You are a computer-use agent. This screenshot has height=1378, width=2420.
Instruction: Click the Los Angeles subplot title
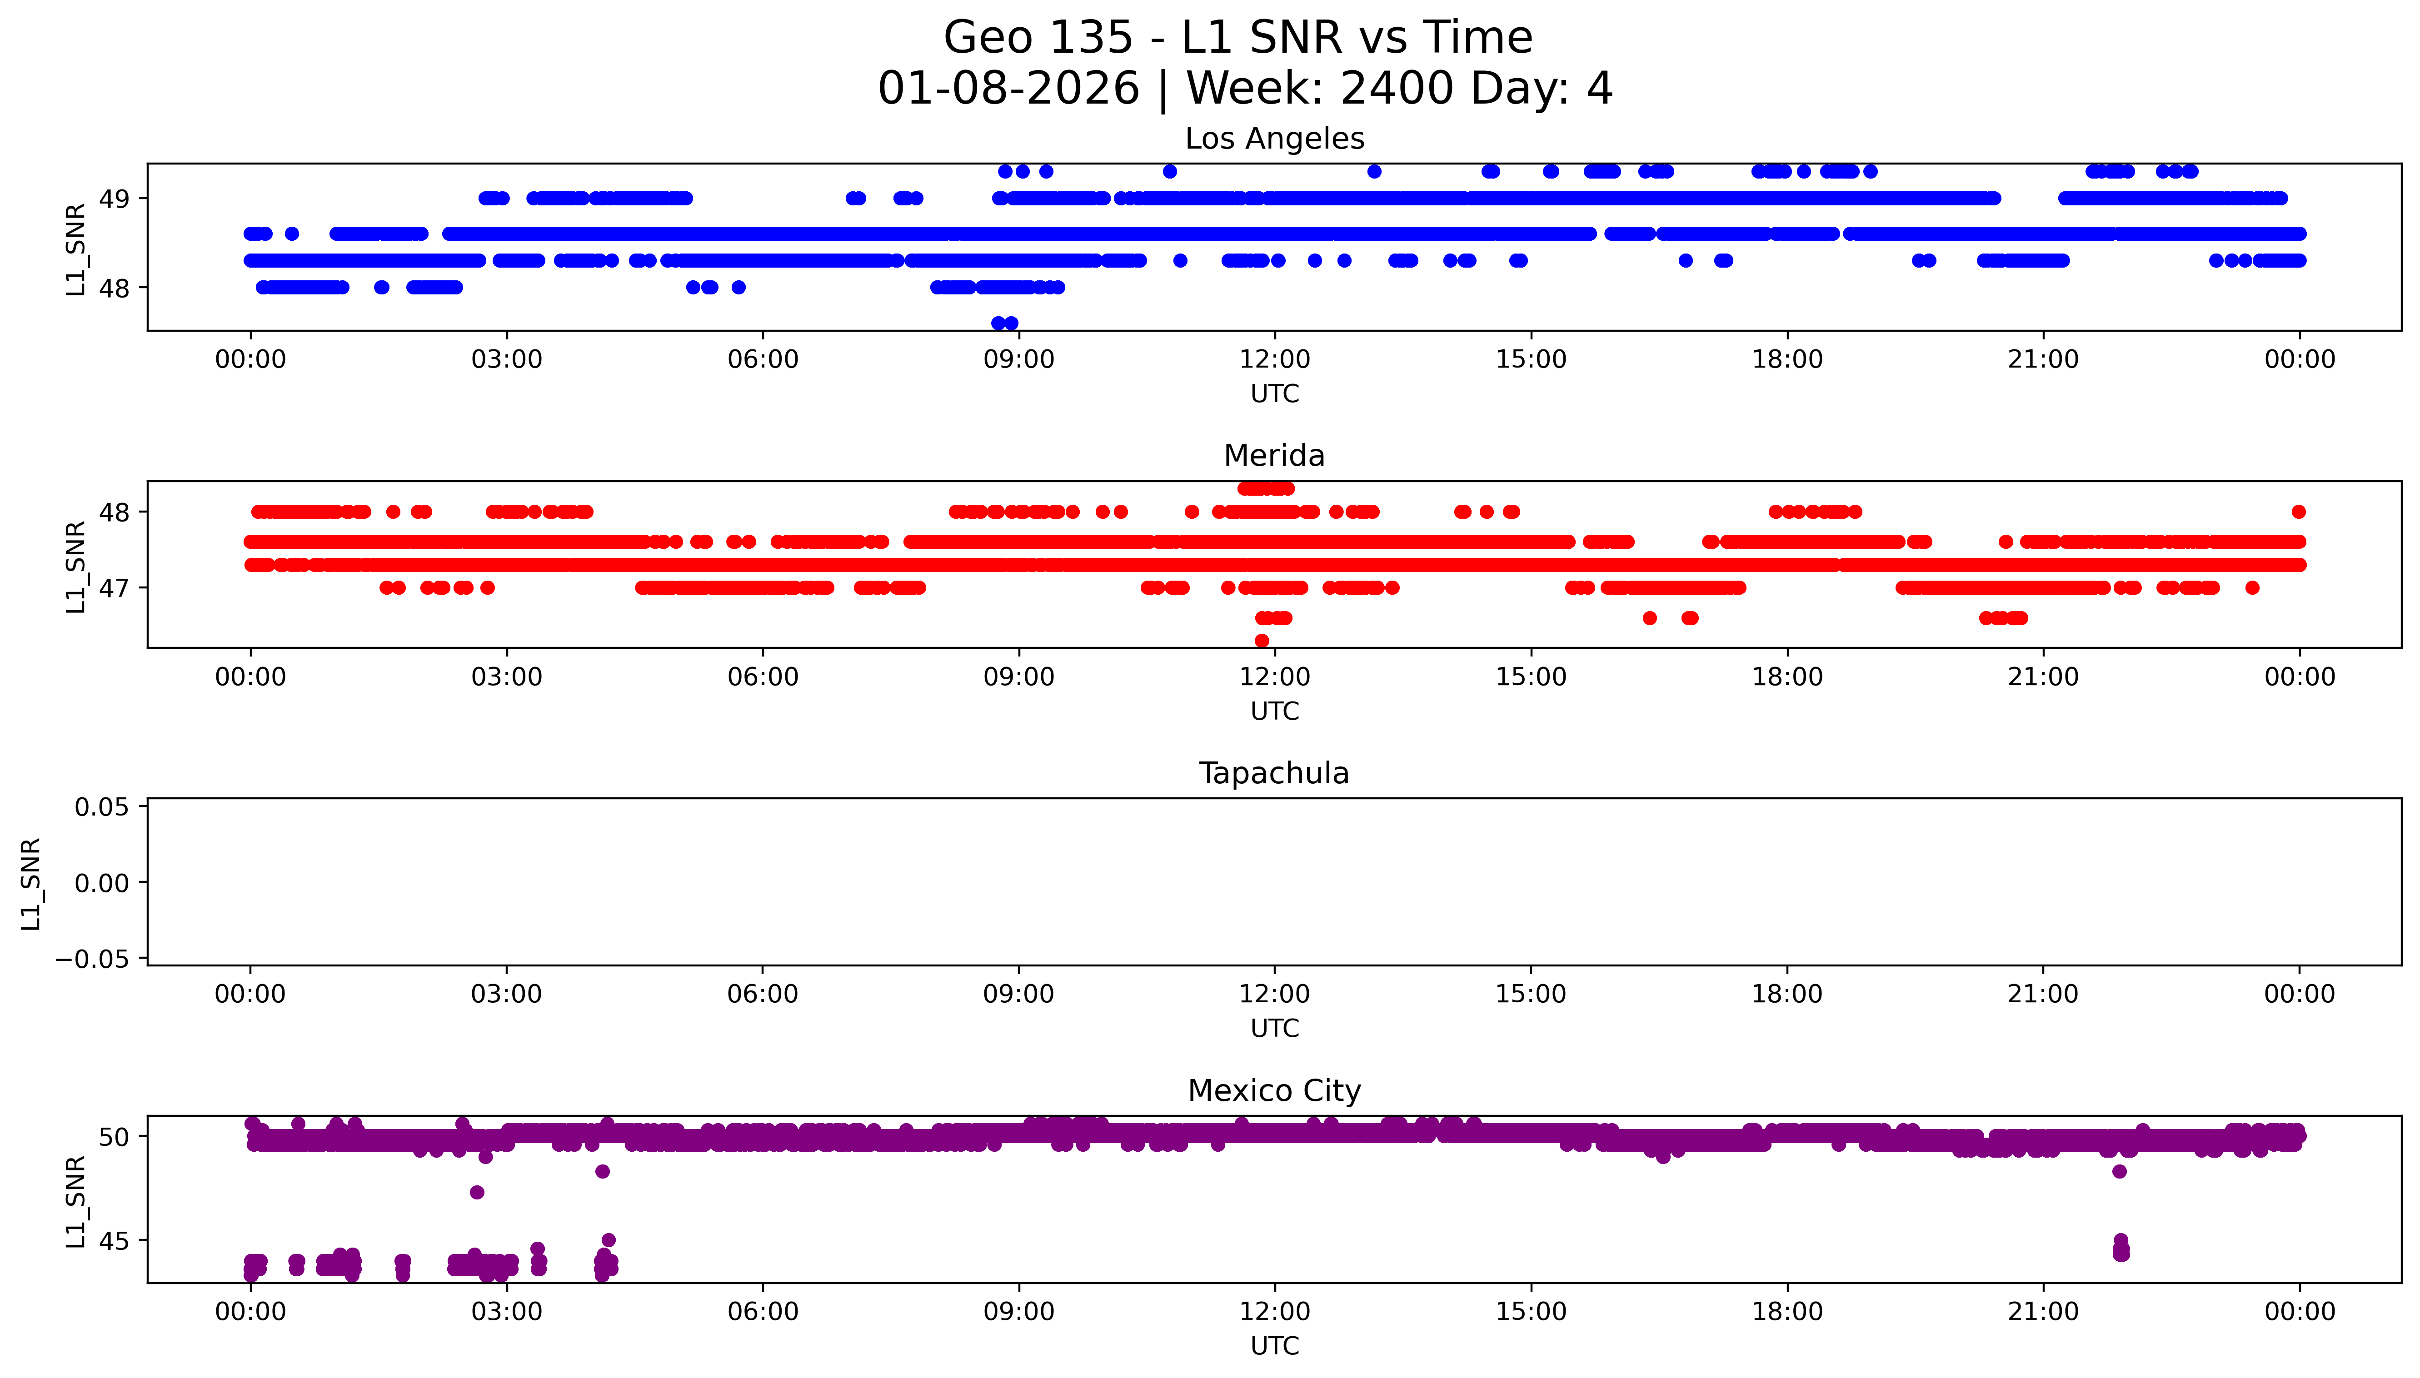pos(1274,139)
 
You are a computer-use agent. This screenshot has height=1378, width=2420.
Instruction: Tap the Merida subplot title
pos(1274,456)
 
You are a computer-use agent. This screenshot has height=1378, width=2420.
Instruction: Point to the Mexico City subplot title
pos(1274,1091)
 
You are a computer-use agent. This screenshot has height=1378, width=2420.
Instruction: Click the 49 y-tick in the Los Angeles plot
pos(115,199)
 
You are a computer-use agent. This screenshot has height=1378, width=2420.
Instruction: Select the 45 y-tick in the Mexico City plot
pos(115,1241)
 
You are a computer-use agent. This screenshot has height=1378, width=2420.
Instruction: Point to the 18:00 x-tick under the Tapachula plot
pos(1787,995)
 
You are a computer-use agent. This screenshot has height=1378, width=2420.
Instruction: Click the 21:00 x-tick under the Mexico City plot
pos(2043,1312)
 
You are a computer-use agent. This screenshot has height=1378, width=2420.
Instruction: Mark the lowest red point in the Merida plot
pos(1262,641)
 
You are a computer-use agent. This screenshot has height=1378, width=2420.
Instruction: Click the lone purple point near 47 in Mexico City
pos(477,1193)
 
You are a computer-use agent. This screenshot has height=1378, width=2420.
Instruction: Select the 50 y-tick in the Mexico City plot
pos(115,1137)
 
